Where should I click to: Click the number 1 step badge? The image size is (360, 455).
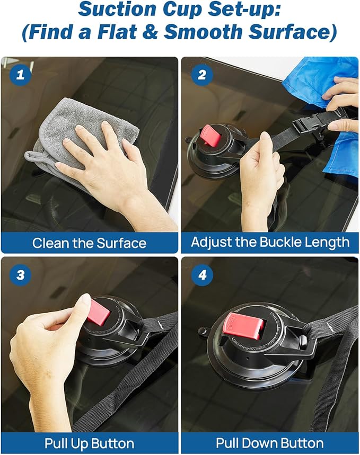[20, 75]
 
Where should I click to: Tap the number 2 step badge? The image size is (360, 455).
[202, 75]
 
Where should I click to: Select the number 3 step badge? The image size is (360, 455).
[20, 275]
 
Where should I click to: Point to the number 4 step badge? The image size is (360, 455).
[202, 274]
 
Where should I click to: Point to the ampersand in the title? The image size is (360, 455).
[150, 31]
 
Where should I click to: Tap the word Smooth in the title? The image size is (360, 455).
[203, 31]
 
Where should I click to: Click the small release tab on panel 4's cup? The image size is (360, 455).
[203, 331]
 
